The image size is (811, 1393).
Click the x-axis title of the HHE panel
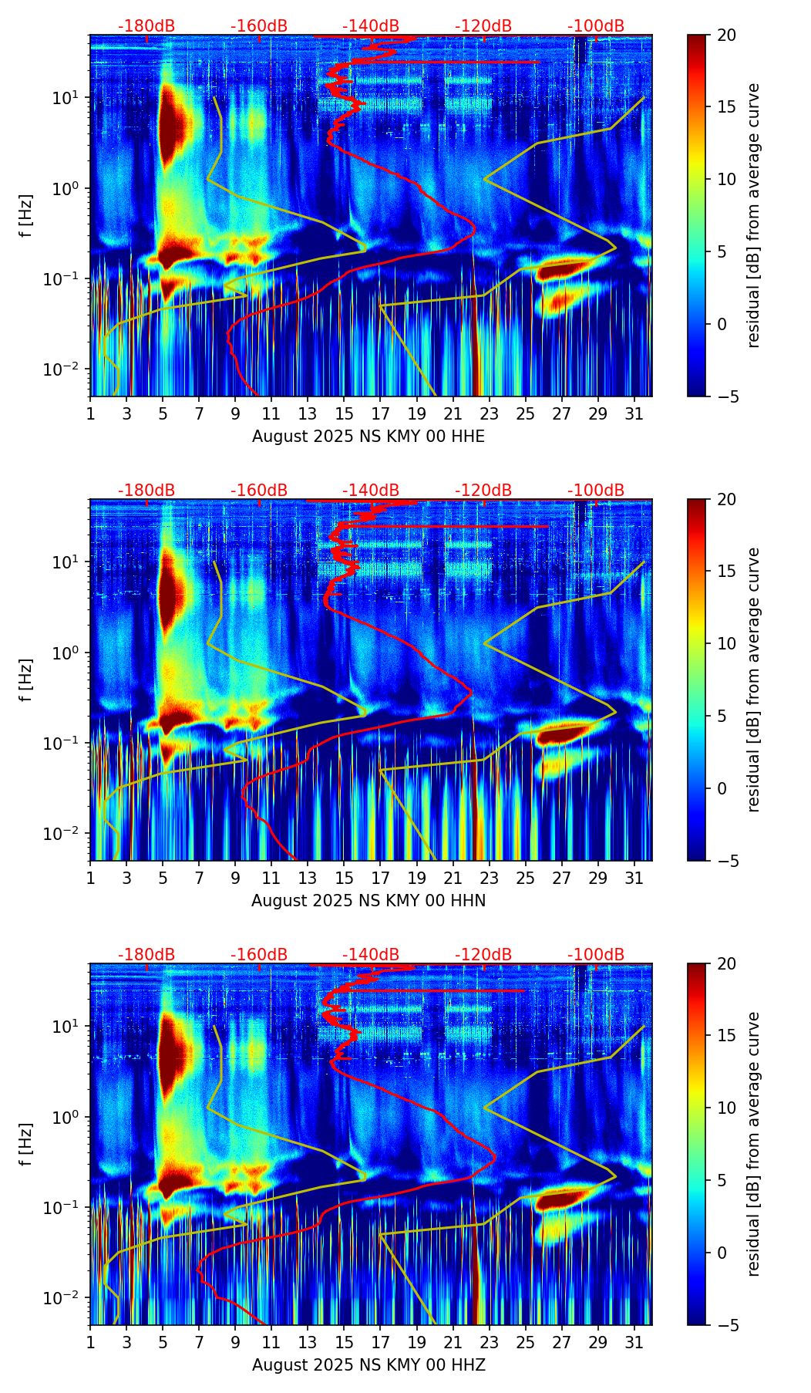pyautogui.click(x=368, y=437)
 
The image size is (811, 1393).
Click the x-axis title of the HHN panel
pyautogui.click(x=368, y=901)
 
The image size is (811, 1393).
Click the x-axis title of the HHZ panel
pyautogui.click(x=368, y=1365)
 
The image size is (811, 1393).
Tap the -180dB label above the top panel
pyautogui.click(x=146, y=26)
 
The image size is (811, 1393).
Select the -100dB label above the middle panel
pyautogui.click(x=596, y=491)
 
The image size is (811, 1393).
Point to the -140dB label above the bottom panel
pyautogui.click(x=372, y=955)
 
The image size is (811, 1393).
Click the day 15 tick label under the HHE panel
pyautogui.click(x=344, y=413)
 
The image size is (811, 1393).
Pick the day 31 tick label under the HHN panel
pyautogui.click(x=634, y=877)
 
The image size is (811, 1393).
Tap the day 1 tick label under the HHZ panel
pyautogui.click(x=90, y=1341)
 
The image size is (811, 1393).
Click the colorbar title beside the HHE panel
pyautogui.click(x=753, y=215)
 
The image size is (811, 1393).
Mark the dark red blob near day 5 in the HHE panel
pyautogui.click(x=175, y=123)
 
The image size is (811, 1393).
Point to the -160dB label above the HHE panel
pyautogui.click(x=259, y=26)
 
